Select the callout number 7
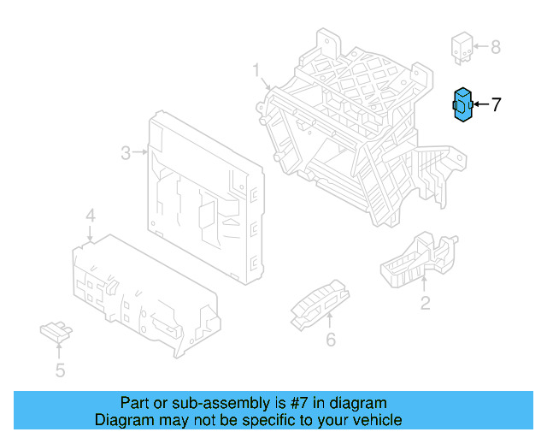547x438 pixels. click(495, 104)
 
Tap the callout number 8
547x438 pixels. click(496, 46)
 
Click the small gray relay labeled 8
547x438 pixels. click(462, 47)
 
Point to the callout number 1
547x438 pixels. click(256, 70)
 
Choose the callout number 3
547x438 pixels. click(125, 153)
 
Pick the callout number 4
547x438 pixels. click(91, 215)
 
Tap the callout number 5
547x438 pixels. click(60, 370)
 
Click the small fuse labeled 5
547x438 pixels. click(56, 330)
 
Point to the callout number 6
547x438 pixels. click(330, 340)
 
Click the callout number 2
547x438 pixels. click(425, 302)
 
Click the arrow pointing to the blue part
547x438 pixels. click(480, 104)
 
